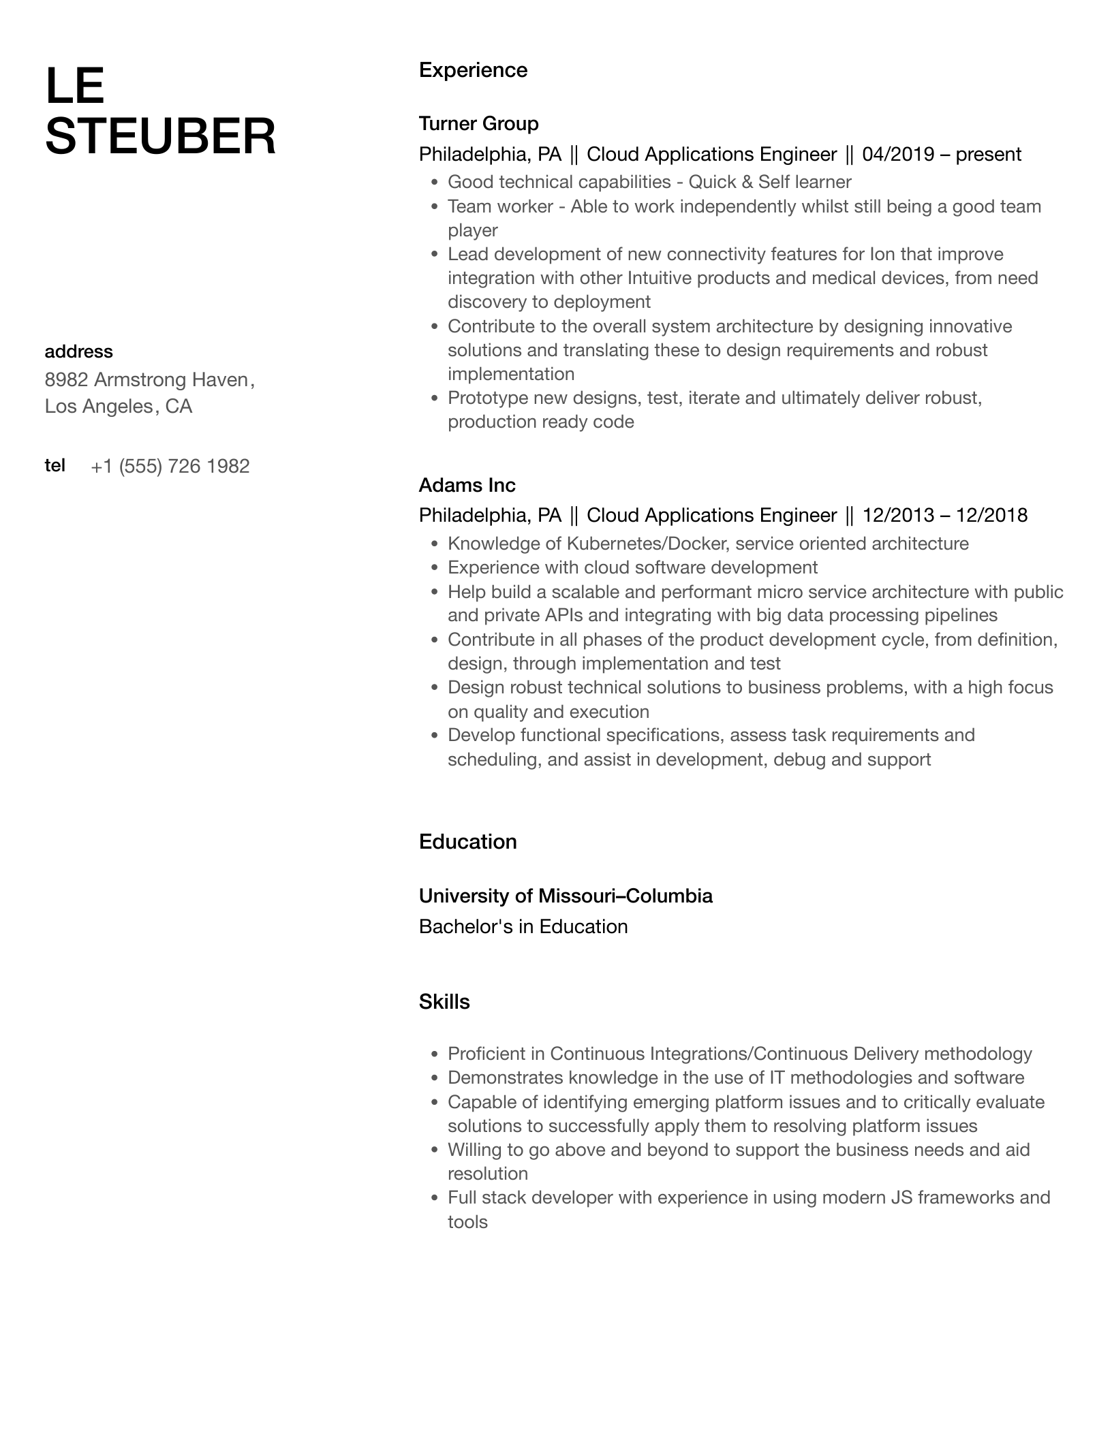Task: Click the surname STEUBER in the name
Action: pyautogui.click(x=160, y=136)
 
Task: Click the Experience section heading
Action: pyautogui.click(x=473, y=70)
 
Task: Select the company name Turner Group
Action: pyautogui.click(x=478, y=123)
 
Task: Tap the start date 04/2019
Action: pyautogui.click(x=898, y=155)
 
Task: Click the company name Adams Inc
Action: pyautogui.click(x=467, y=485)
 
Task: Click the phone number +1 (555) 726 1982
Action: pyautogui.click(x=170, y=466)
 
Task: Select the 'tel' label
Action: pyautogui.click(x=55, y=465)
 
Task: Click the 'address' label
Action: pyautogui.click(x=78, y=351)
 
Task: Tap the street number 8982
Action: pyautogui.click(x=66, y=379)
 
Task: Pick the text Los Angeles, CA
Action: pyautogui.click(x=119, y=407)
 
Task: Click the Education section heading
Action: pyautogui.click(x=467, y=842)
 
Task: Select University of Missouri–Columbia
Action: pyautogui.click(x=566, y=896)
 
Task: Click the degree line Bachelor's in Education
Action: pyautogui.click(x=523, y=926)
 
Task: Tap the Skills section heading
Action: pyautogui.click(x=444, y=1002)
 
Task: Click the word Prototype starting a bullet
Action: pyautogui.click(x=486, y=398)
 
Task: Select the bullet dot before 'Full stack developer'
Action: pyautogui.click(x=434, y=1199)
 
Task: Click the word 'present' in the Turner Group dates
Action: pyautogui.click(x=988, y=155)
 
